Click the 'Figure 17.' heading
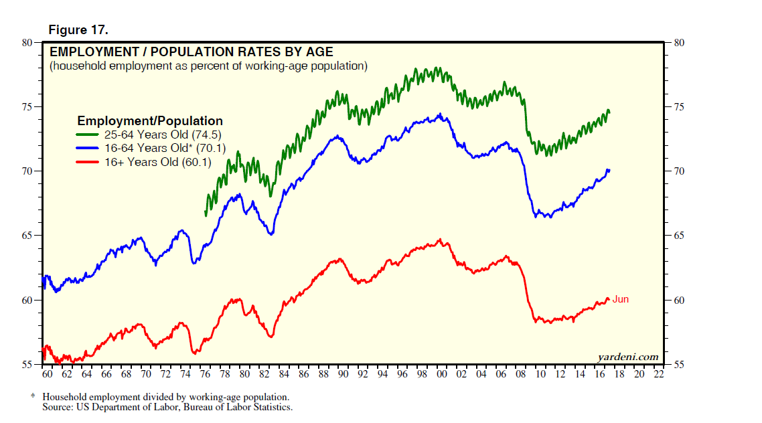click(78, 30)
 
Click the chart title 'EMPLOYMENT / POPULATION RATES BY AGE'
click(191, 52)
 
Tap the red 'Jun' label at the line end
click(621, 299)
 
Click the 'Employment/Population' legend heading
click(150, 121)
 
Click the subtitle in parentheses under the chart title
click(208, 66)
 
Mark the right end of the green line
click(609, 111)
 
